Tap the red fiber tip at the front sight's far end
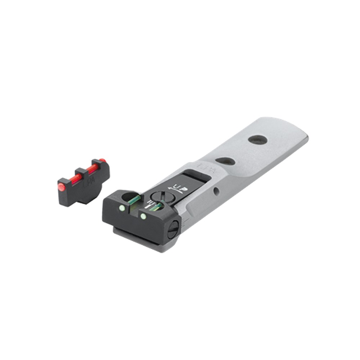[102, 161]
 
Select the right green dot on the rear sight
[143, 216]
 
